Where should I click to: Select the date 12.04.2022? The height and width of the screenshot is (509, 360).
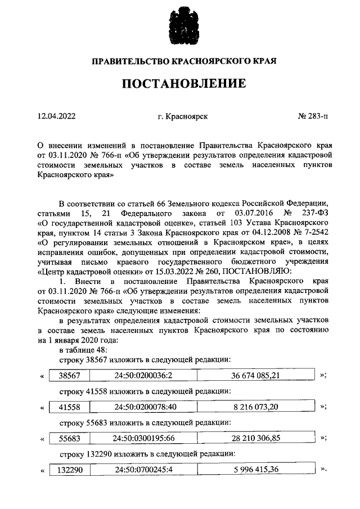coord(56,116)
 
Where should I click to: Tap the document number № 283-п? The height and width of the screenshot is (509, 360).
coord(312,116)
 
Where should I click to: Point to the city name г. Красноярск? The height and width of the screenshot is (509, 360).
coord(183,116)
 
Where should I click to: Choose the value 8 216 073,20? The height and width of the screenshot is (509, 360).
coord(255,406)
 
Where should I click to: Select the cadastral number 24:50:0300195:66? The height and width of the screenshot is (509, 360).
coord(142,438)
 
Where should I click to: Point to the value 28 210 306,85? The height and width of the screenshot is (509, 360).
coord(255,438)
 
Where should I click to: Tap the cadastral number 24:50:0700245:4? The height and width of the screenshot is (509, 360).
coord(142,469)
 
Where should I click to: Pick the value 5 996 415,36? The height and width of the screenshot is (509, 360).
coord(255,469)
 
